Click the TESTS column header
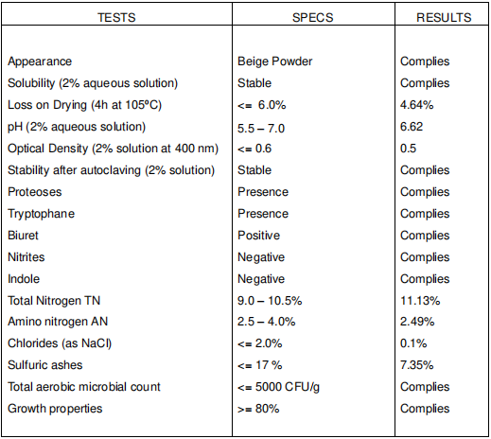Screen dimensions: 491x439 [116, 17]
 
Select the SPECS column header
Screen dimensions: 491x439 [312, 17]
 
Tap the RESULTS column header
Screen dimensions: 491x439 [444, 17]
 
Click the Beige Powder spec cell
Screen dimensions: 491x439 [274, 61]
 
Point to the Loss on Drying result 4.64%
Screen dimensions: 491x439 [416, 105]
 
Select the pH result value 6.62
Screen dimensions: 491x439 [412, 127]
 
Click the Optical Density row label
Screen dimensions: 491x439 [113, 149]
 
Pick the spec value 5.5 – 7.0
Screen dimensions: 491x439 [261, 129]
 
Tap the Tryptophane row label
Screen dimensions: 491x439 [41, 214]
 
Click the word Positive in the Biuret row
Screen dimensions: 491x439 [258, 236]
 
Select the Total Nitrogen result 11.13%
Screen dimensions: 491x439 [420, 301]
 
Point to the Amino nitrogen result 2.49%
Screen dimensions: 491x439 [417, 322]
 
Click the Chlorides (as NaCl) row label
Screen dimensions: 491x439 [60, 343]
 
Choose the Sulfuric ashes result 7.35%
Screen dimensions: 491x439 [416, 365]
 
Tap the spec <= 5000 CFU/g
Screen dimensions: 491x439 [278, 387]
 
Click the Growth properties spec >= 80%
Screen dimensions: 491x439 [258, 409]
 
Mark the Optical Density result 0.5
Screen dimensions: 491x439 [408, 149]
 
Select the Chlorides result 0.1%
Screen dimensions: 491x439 [413, 343]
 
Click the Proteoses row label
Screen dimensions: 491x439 [35, 192]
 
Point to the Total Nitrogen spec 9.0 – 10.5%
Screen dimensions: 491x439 [270, 301]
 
